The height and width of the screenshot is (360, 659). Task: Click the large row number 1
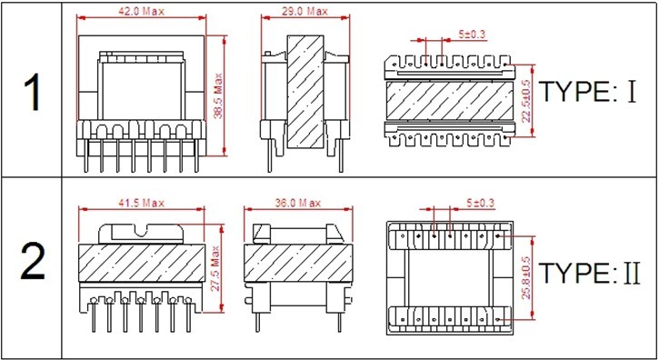[x=34, y=93]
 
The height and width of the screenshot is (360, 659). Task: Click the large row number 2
[x=33, y=264]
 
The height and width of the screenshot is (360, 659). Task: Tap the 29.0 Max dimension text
[x=305, y=11]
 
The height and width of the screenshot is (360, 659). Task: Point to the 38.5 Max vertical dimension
[x=218, y=95]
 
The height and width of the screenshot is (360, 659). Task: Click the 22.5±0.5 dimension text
[x=526, y=101]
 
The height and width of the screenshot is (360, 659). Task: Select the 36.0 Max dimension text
[x=297, y=203]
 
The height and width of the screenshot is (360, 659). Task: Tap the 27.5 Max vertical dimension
[x=216, y=269]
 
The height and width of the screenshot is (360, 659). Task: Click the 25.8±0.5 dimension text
[x=526, y=277]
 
